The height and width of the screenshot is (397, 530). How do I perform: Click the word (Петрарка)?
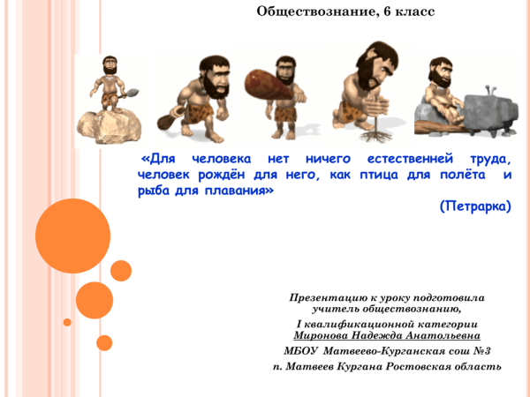pyautogui.click(x=474, y=207)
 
